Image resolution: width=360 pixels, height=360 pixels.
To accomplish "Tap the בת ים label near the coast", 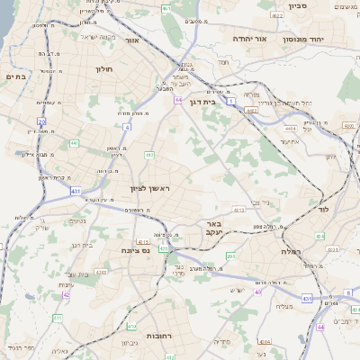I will coord(17,77).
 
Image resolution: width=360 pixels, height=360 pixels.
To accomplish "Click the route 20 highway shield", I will coord(41,120).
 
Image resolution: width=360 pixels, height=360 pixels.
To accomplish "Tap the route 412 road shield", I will coord(149,156).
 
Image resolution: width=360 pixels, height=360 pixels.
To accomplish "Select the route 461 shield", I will coord(166,10).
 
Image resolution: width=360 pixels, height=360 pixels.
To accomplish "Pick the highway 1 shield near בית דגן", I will coord(231,101).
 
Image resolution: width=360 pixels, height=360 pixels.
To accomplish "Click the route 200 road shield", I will coord(230,256).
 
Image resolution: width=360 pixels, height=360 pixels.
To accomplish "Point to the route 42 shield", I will coord(67,294).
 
